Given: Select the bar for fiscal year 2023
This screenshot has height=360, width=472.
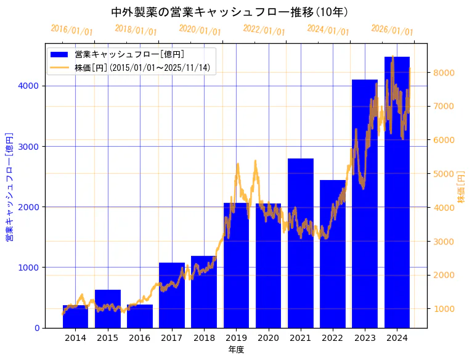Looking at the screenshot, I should click(x=365, y=203).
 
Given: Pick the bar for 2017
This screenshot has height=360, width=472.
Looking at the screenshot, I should click(x=172, y=295).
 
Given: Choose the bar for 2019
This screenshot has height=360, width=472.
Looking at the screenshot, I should click(x=236, y=265).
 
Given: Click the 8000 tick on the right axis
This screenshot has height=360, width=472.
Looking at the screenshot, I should click(x=444, y=73).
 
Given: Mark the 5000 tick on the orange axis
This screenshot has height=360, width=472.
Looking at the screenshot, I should click(x=444, y=174).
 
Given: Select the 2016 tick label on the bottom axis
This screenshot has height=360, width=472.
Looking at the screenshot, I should click(x=139, y=338).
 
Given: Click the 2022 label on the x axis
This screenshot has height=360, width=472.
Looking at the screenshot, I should click(x=333, y=338).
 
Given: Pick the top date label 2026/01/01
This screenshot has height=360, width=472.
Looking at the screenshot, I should click(x=392, y=30).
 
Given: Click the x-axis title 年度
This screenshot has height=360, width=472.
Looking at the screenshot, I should click(x=236, y=350).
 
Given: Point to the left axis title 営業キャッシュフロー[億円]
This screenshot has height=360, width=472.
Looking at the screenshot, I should click(x=9, y=186).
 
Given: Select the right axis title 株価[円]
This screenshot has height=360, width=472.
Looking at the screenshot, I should click(x=462, y=186).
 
